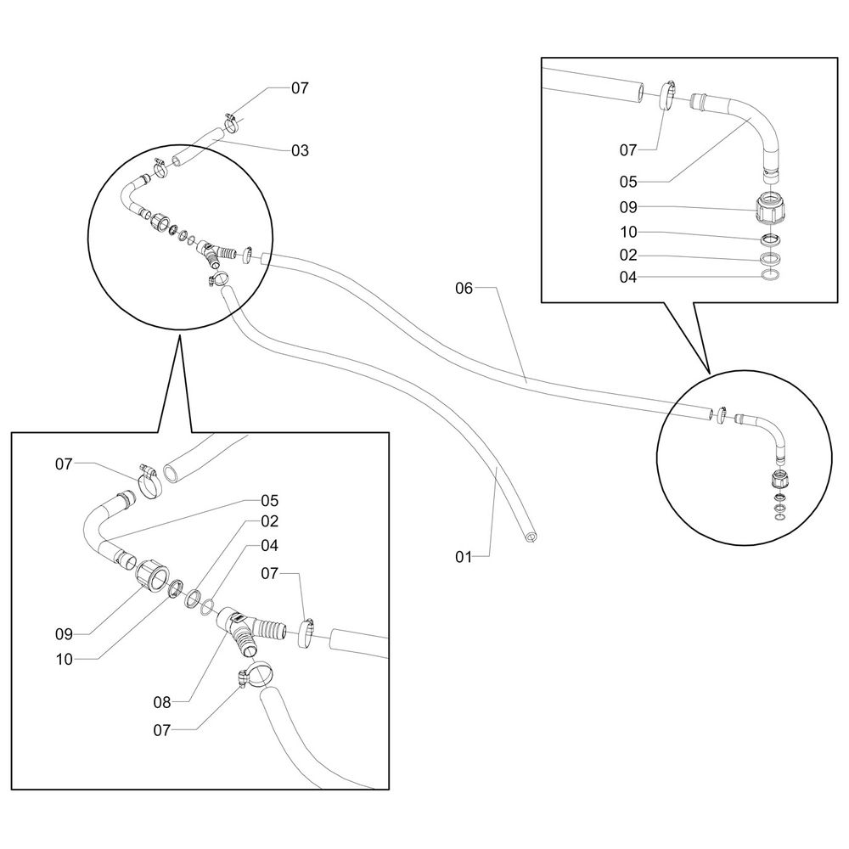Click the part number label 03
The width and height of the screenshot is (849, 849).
(300, 150)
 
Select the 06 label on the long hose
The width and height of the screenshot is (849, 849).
(464, 289)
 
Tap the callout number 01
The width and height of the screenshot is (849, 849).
(463, 557)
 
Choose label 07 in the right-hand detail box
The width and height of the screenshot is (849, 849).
(628, 150)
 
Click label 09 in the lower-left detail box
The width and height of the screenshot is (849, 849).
(65, 633)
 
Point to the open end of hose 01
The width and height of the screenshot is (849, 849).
(531, 537)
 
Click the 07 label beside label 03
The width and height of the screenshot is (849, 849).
(300, 87)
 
